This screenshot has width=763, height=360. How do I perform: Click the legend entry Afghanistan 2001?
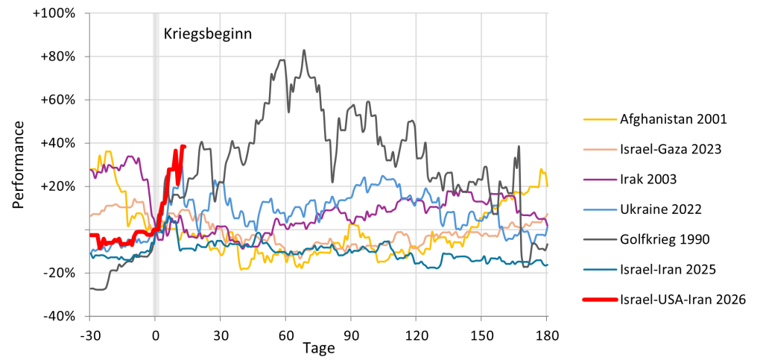[x=673, y=119]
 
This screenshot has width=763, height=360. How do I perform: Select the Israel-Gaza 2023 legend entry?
[x=670, y=149]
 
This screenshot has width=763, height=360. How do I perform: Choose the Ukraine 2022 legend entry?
[x=660, y=209]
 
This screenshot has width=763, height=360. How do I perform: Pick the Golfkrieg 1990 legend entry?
[x=664, y=239]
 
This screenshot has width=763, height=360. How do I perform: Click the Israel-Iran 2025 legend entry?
[x=667, y=270]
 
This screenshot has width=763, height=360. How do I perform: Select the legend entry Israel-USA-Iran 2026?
[x=683, y=300]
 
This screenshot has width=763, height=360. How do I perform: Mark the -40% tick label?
[x=60, y=316]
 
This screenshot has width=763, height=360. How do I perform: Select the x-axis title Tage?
[x=318, y=348]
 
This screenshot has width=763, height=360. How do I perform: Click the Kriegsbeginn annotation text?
[x=208, y=34]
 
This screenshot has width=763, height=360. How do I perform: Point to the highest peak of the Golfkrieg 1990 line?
[x=304, y=51]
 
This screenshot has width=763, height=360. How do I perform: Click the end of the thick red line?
[x=184, y=146]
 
